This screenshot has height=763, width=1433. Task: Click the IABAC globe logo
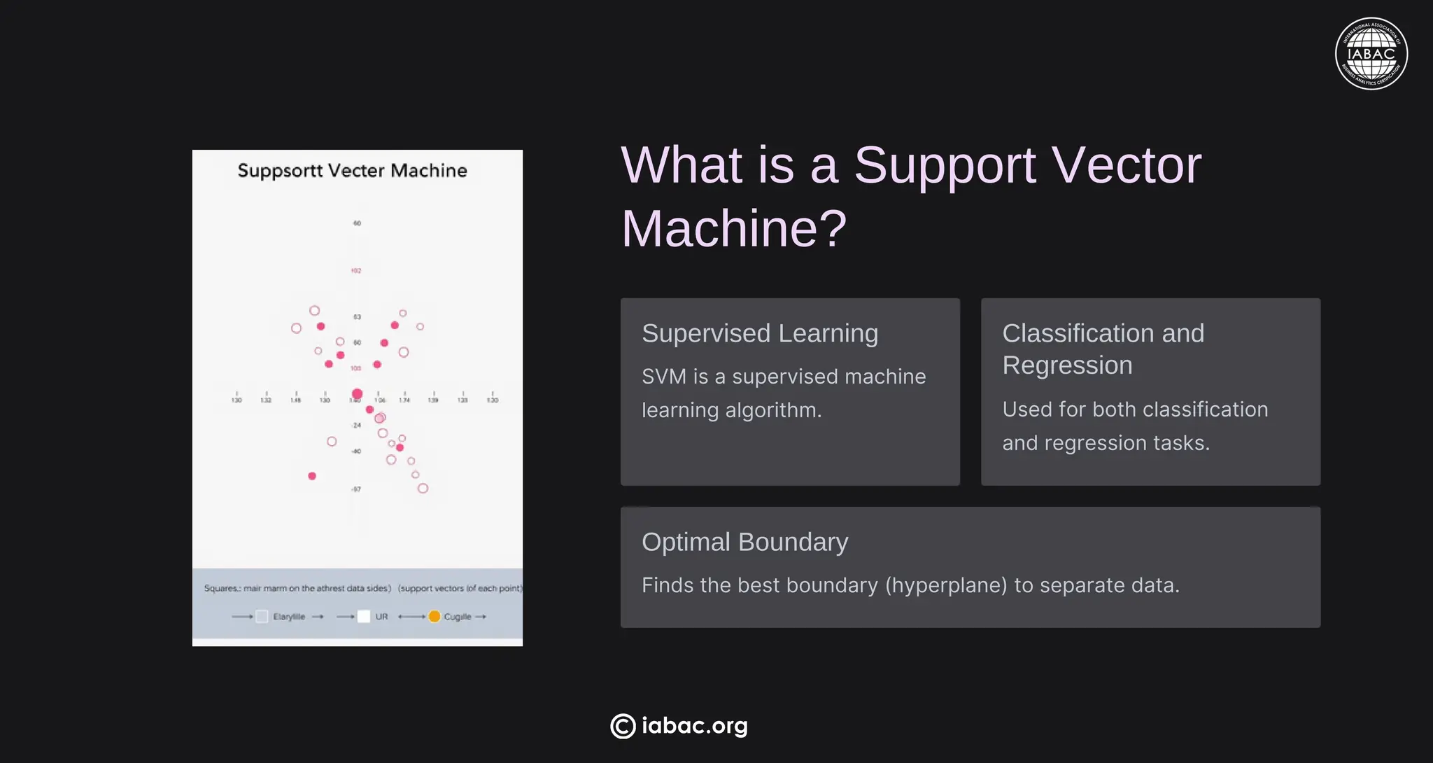click(x=1371, y=54)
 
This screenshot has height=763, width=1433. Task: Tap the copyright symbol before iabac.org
click(x=623, y=726)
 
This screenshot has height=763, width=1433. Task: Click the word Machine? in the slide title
click(x=733, y=228)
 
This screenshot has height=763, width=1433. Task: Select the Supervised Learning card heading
click(x=759, y=333)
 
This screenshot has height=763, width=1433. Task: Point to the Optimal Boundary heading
click(x=744, y=542)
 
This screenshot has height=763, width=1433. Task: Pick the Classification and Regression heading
click(x=1103, y=349)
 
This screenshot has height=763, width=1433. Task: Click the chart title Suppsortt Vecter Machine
click(x=352, y=170)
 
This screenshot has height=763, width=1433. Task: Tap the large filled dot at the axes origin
click(x=357, y=394)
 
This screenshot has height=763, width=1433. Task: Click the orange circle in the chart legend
click(x=435, y=616)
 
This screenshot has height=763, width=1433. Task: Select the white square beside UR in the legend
click(x=364, y=616)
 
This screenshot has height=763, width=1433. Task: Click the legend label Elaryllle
click(x=289, y=617)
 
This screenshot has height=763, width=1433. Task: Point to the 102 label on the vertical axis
click(x=356, y=271)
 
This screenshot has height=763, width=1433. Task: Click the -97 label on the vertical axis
click(x=356, y=489)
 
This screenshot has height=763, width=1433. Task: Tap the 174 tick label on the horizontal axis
click(x=404, y=400)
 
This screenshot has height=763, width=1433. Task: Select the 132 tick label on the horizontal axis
click(x=266, y=400)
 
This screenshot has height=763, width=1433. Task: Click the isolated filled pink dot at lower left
click(x=312, y=476)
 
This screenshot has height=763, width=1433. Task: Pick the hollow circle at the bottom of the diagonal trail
click(x=423, y=488)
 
